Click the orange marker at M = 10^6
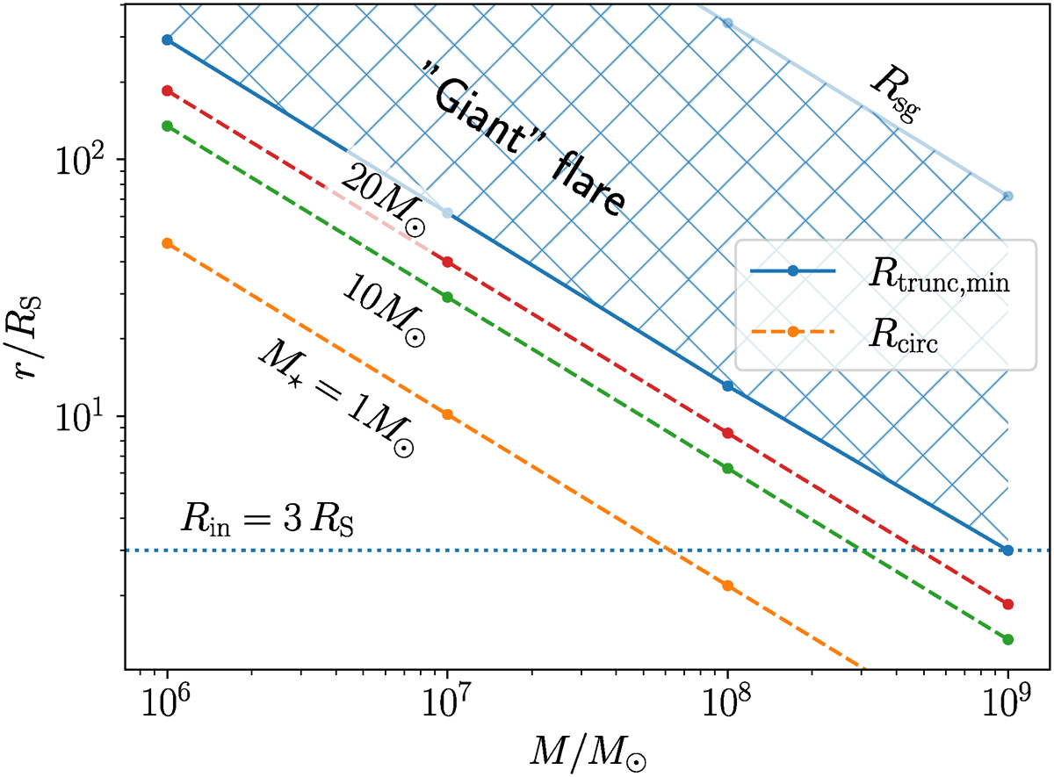(x=167, y=243)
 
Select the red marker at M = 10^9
(x=1007, y=604)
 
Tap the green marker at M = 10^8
(x=727, y=468)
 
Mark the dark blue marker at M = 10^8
(x=727, y=385)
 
